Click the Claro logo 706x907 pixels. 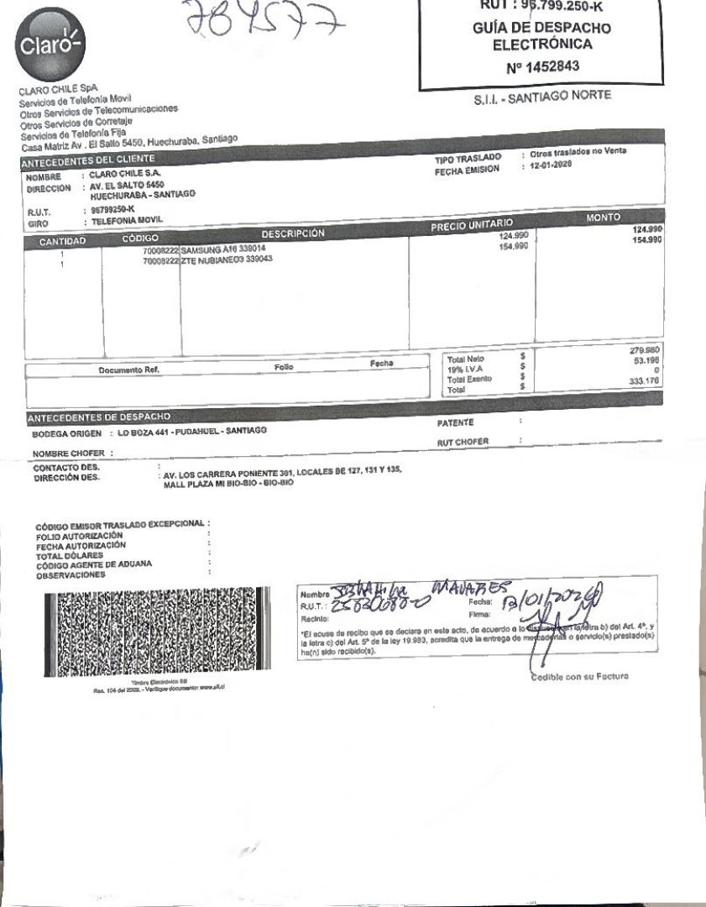48,41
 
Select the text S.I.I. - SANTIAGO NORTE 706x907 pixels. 543,97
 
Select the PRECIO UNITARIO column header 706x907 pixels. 470,225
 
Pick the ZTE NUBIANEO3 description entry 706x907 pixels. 227,260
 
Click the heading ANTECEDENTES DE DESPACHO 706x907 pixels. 99,417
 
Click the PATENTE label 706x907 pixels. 456,422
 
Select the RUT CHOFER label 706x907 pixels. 463,442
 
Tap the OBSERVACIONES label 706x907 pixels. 71,575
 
